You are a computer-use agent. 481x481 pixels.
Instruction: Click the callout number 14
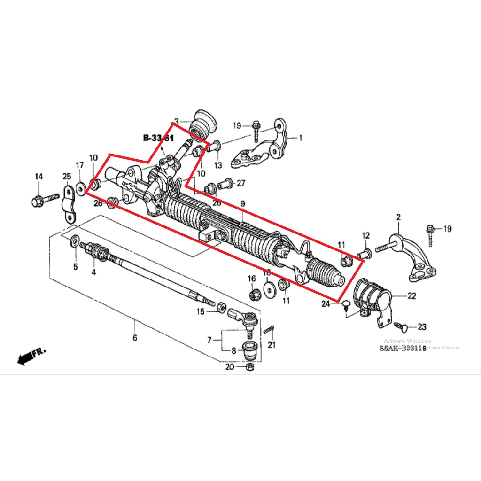[x=39, y=176]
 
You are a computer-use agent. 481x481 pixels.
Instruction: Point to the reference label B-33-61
[x=158, y=138]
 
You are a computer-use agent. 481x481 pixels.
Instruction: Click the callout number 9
[x=242, y=204]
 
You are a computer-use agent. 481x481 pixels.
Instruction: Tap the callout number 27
[x=241, y=183]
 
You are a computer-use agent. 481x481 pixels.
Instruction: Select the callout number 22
[x=411, y=296]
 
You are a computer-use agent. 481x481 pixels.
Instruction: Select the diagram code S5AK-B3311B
[x=403, y=349]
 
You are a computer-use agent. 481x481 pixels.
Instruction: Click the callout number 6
[x=135, y=337]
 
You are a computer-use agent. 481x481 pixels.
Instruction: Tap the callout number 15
[x=201, y=311]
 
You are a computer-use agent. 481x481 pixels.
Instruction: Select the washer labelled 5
[x=74, y=242]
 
